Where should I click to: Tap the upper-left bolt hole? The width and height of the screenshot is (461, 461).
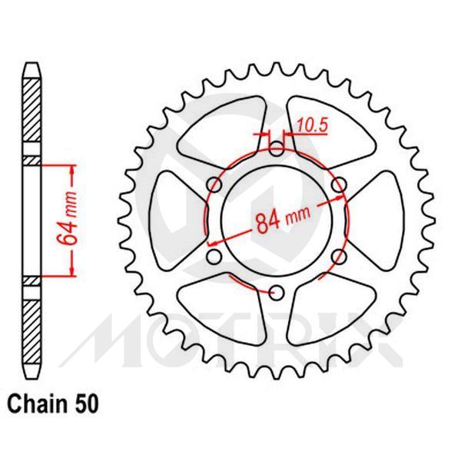point(215,184)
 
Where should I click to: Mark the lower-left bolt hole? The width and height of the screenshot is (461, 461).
point(215,255)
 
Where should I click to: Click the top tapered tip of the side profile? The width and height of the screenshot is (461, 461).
point(30,68)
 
